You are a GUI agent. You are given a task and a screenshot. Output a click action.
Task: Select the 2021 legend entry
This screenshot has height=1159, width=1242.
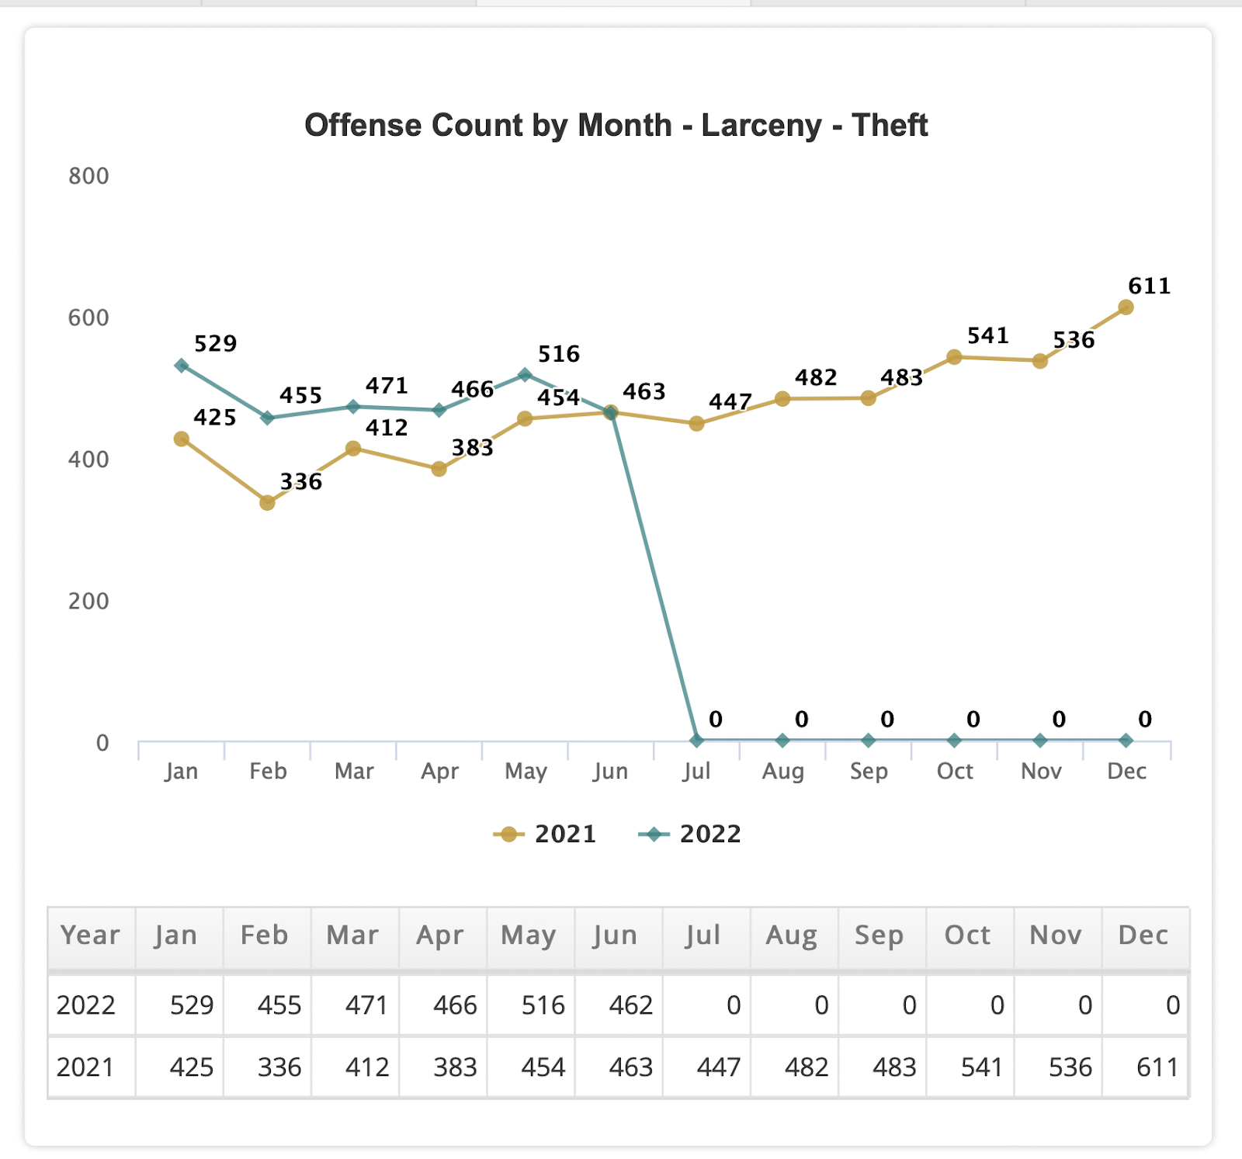[546, 835]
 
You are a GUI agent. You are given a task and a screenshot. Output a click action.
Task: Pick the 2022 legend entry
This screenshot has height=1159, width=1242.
[690, 835]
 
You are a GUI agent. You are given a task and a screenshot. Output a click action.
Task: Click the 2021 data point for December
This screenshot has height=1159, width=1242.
[1126, 307]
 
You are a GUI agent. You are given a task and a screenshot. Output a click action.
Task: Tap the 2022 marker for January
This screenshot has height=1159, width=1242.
[182, 366]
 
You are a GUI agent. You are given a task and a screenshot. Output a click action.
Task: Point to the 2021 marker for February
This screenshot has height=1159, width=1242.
[267, 503]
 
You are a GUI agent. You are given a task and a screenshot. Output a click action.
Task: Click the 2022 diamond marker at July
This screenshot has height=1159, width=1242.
[696, 741]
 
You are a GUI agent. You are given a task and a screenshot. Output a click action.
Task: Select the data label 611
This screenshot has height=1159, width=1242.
[1149, 286]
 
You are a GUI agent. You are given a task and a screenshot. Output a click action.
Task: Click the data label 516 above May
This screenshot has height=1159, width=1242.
[558, 355]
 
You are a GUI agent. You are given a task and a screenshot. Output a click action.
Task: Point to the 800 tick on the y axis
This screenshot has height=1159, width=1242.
[88, 176]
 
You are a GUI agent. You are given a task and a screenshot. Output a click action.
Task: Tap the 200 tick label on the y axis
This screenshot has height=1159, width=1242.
[88, 601]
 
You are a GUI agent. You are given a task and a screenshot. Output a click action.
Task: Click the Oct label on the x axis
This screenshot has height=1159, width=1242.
[954, 772]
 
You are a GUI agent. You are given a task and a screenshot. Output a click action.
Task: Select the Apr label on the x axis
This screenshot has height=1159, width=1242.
[439, 772]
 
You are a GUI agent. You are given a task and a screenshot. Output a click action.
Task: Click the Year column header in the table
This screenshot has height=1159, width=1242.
[90, 935]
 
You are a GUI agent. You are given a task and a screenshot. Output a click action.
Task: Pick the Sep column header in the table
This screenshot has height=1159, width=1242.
[879, 935]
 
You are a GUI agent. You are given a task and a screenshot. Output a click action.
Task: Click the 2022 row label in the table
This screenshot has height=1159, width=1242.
[86, 1005]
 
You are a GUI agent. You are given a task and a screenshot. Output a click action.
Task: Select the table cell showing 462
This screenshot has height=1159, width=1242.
[630, 1005]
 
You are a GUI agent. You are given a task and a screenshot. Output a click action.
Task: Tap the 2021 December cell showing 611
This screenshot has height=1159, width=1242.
[1157, 1067]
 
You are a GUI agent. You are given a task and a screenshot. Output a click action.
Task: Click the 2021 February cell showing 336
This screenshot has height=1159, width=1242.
[279, 1067]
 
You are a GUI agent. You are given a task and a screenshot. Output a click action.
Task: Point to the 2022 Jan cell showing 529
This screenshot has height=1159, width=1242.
[191, 1005]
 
